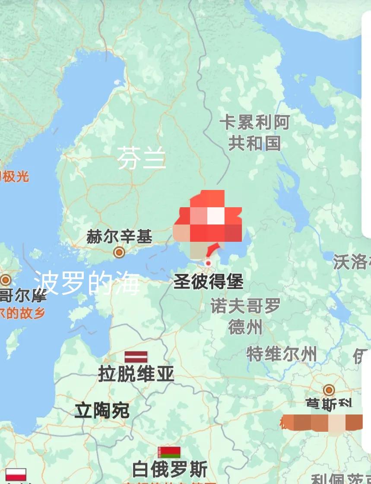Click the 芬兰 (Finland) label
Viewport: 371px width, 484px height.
141,158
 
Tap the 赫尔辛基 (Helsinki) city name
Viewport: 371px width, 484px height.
119,237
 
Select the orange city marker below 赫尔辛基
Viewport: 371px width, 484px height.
119,252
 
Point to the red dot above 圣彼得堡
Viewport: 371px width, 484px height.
208,263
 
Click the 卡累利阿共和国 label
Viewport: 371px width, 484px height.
254,133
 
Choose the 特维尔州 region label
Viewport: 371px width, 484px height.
282,354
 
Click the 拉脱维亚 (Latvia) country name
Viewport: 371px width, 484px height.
136,373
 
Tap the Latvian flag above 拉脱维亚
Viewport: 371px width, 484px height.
136,357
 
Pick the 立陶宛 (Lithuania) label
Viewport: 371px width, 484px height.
102,410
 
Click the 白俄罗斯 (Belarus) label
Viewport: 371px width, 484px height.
170,469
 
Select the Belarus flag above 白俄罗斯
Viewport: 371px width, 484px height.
169,452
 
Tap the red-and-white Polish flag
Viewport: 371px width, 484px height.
16,475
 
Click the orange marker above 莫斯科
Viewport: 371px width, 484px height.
329,390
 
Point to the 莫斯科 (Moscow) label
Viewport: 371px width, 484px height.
329,404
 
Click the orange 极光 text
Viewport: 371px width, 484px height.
15,176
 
